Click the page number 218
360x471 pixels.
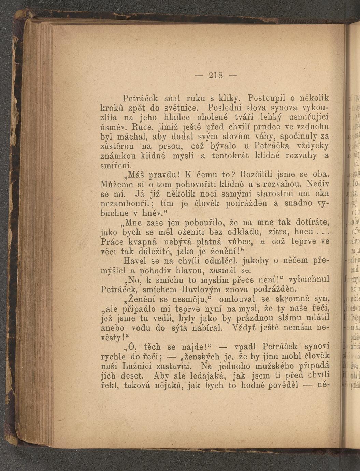tap(216, 75)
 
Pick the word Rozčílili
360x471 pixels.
tap(259, 175)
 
